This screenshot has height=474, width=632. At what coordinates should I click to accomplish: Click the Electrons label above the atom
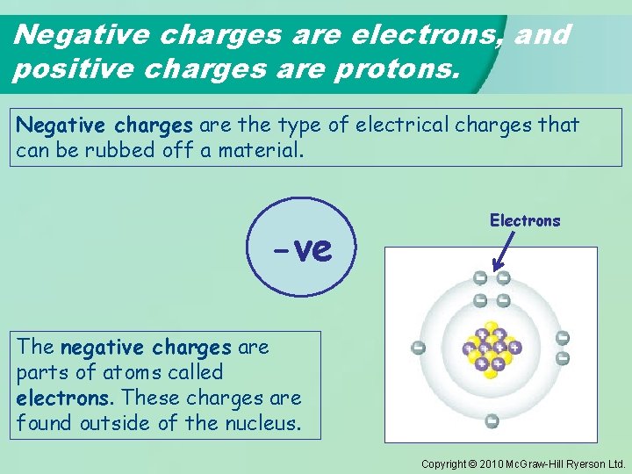525,221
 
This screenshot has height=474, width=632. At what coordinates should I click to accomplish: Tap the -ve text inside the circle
303,250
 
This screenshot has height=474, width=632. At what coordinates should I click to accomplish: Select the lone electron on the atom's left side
419,348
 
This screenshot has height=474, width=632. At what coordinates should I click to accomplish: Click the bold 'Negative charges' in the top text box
104,125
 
